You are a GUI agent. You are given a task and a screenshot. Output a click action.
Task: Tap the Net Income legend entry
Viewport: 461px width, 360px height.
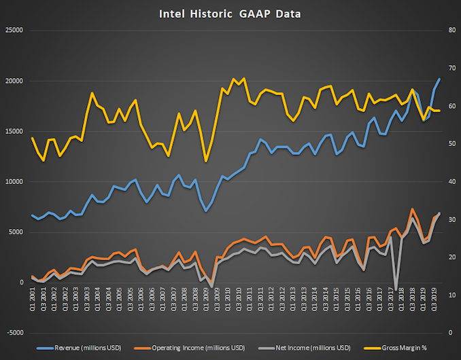[x=315, y=348]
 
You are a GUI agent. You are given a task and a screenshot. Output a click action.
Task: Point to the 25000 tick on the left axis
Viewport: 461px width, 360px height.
[x=14, y=31]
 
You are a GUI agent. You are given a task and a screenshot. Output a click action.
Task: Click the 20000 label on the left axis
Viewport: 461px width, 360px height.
[x=14, y=81]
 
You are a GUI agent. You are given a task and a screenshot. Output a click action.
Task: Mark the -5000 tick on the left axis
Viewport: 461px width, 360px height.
[x=14, y=333]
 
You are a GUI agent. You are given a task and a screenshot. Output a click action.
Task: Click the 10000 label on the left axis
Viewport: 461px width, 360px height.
[x=14, y=182]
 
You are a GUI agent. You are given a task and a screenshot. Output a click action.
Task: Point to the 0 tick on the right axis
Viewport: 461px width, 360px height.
[x=450, y=333]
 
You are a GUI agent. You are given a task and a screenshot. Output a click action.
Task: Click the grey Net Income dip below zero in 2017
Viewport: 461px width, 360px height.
[x=396, y=289]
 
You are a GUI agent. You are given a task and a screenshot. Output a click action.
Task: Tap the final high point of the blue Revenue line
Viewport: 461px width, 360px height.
[x=439, y=79]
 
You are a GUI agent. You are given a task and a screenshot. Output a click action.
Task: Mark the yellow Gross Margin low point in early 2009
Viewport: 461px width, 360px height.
[x=206, y=161]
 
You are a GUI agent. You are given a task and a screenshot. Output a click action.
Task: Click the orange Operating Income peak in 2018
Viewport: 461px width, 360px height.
[x=412, y=209]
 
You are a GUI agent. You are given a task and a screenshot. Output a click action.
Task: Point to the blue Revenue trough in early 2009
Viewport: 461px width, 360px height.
[x=206, y=211]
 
